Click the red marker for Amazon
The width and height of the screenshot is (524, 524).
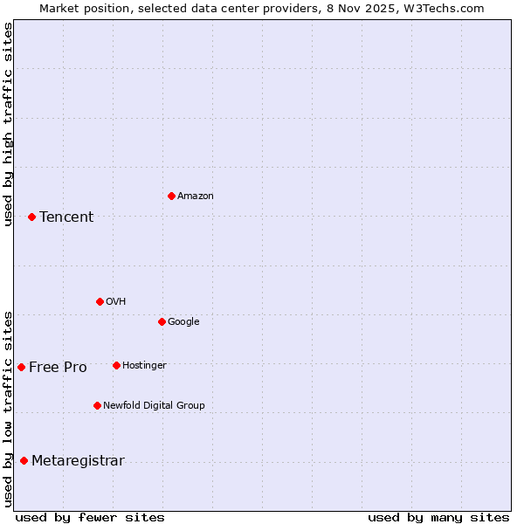171,196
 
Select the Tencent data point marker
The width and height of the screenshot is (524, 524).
31,217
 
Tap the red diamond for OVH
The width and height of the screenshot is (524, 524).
100,301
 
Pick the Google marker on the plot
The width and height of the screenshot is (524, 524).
162,321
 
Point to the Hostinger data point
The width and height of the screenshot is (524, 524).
116,365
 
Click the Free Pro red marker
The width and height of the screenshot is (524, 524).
21,367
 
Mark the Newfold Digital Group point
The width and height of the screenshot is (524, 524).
97,405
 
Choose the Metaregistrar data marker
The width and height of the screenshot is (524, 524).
24,460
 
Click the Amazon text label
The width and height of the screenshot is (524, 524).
196,196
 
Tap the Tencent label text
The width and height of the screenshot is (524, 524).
66,217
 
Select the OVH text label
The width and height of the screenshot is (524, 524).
116,302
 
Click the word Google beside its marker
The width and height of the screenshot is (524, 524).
183,322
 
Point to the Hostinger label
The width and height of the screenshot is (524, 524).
144,366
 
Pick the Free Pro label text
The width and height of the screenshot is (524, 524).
58,368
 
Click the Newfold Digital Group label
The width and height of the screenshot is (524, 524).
154,406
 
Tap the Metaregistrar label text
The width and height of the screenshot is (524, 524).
78,461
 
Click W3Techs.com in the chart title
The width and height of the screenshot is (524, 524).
450,8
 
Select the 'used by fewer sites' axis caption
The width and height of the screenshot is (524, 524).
90,517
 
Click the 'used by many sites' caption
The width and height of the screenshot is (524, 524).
438,517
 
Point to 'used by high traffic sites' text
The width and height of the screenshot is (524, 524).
8,124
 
